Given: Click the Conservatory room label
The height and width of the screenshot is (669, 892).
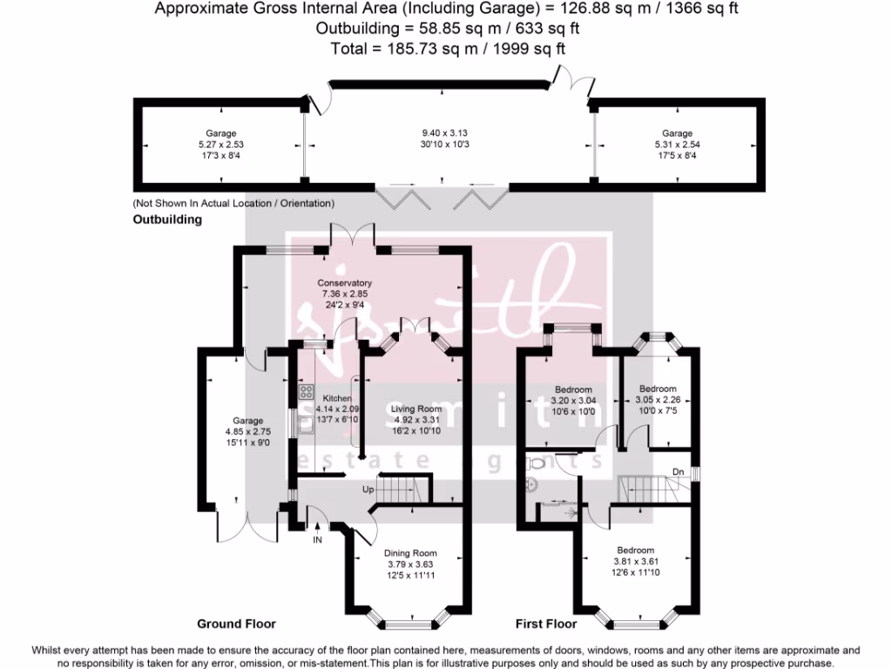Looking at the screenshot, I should click(x=344, y=283).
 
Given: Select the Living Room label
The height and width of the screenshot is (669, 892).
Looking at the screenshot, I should click(x=416, y=409).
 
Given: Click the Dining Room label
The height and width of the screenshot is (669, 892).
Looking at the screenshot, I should click(x=409, y=553).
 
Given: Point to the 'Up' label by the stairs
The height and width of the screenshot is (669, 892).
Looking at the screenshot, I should click(x=369, y=490).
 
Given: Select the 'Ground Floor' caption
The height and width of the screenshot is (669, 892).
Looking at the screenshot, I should click(x=236, y=624).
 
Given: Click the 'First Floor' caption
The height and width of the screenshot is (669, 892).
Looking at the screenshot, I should click(x=545, y=624).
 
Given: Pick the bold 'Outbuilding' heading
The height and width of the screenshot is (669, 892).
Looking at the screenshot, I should click(x=166, y=220).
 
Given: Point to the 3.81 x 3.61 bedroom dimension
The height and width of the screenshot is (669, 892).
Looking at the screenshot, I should click(x=635, y=561).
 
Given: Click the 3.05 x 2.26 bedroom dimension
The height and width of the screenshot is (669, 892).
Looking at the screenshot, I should click(x=658, y=400).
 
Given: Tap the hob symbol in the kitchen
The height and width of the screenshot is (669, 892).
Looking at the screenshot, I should click(x=306, y=392).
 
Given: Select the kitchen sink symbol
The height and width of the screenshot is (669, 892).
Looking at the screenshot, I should click(x=307, y=425).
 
